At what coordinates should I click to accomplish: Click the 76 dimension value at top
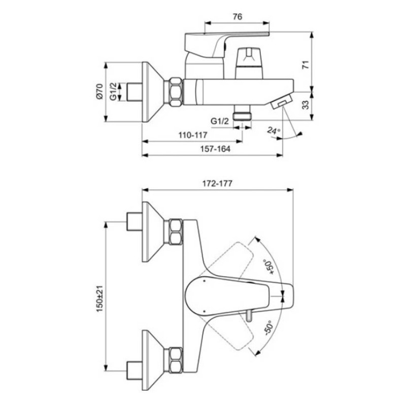236,16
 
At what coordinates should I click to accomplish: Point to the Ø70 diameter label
99,92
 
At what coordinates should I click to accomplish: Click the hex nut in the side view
175,92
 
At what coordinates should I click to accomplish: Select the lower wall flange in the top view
155,352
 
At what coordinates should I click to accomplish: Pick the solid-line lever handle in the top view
239,296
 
